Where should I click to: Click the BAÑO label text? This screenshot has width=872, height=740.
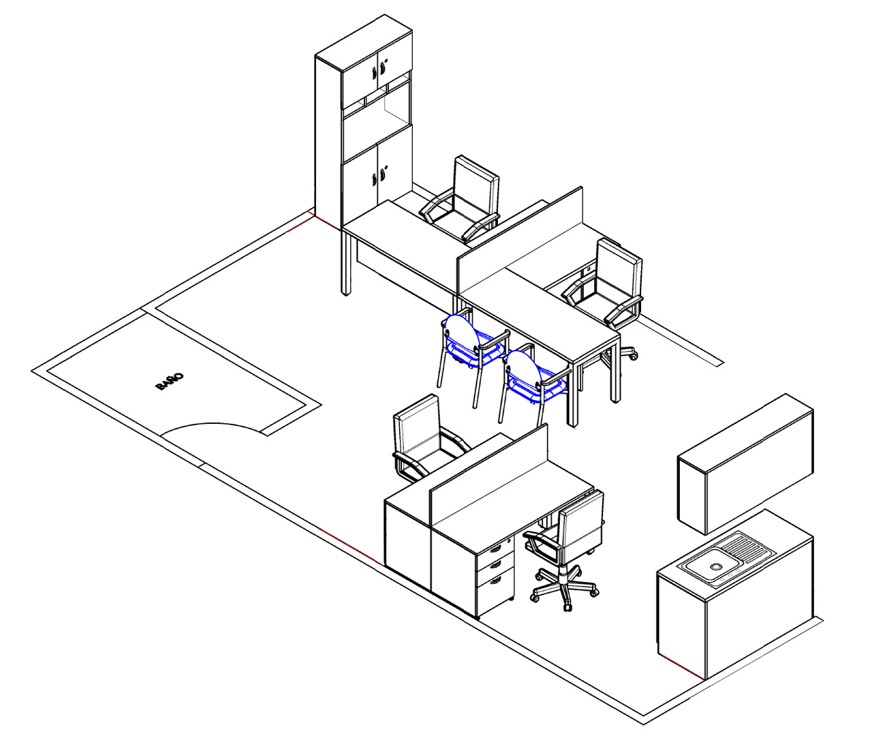(170, 382)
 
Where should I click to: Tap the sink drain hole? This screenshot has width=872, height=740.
(715, 566)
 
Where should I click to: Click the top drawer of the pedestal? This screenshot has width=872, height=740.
(495, 547)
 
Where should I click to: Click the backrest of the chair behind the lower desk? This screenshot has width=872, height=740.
(416, 429)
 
